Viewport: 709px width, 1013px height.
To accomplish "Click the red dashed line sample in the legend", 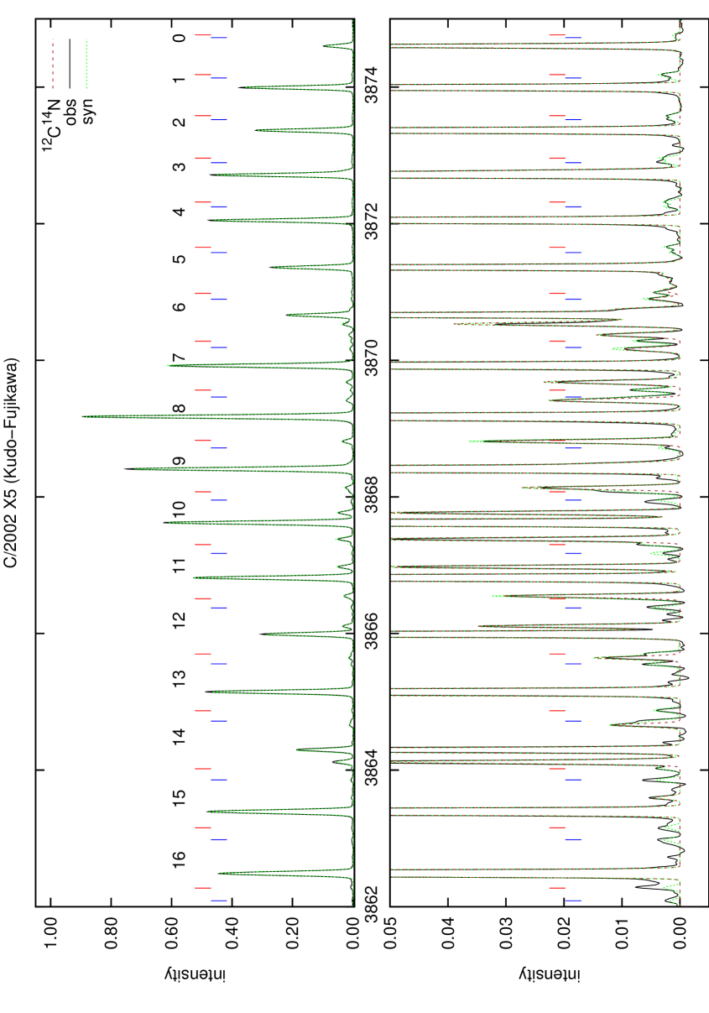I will (x=53, y=63).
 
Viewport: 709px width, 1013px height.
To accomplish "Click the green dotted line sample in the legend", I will (x=86, y=63).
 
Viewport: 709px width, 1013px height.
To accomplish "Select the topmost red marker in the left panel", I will (x=203, y=35).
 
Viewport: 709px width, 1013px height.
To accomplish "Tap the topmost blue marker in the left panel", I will (x=220, y=38).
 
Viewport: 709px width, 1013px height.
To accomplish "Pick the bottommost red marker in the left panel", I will (x=203, y=888).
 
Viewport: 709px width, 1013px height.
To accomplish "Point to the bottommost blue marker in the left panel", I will (x=220, y=900).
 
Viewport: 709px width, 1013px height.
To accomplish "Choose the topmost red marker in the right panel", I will (x=557, y=35).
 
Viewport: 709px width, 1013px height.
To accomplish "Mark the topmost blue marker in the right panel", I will (x=574, y=38).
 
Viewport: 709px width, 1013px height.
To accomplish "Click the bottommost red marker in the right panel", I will (x=557, y=888).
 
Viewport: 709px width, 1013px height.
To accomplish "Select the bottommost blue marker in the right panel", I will (x=574, y=900).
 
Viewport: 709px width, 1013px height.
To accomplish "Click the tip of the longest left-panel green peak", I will (x=84, y=416).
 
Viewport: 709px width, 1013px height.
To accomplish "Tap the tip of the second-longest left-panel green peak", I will (x=135, y=468).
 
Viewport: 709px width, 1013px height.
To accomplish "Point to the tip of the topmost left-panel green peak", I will (x=326, y=45).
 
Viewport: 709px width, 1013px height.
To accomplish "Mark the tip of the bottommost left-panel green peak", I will (x=222, y=873).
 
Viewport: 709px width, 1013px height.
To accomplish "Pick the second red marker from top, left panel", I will (x=203, y=75).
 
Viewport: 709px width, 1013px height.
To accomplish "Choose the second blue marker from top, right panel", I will (x=574, y=78).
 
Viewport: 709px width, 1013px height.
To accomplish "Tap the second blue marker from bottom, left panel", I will (x=220, y=839).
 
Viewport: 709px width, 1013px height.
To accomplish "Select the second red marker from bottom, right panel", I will (x=557, y=828).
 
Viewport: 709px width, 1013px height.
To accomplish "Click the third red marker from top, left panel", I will (x=203, y=116).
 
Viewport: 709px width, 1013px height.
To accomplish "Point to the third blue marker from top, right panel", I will (x=574, y=120).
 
